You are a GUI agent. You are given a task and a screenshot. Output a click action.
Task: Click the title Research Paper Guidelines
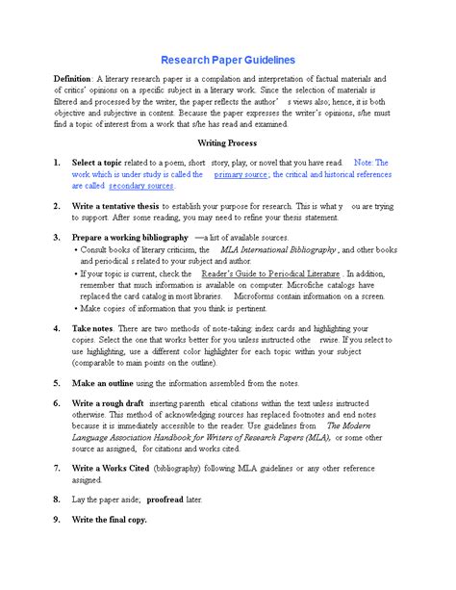pyautogui.click(x=227, y=60)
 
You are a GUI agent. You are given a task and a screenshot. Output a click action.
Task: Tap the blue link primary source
pyautogui.click(x=241, y=175)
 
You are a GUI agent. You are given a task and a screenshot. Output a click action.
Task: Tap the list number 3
pyautogui.click(x=57, y=236)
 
